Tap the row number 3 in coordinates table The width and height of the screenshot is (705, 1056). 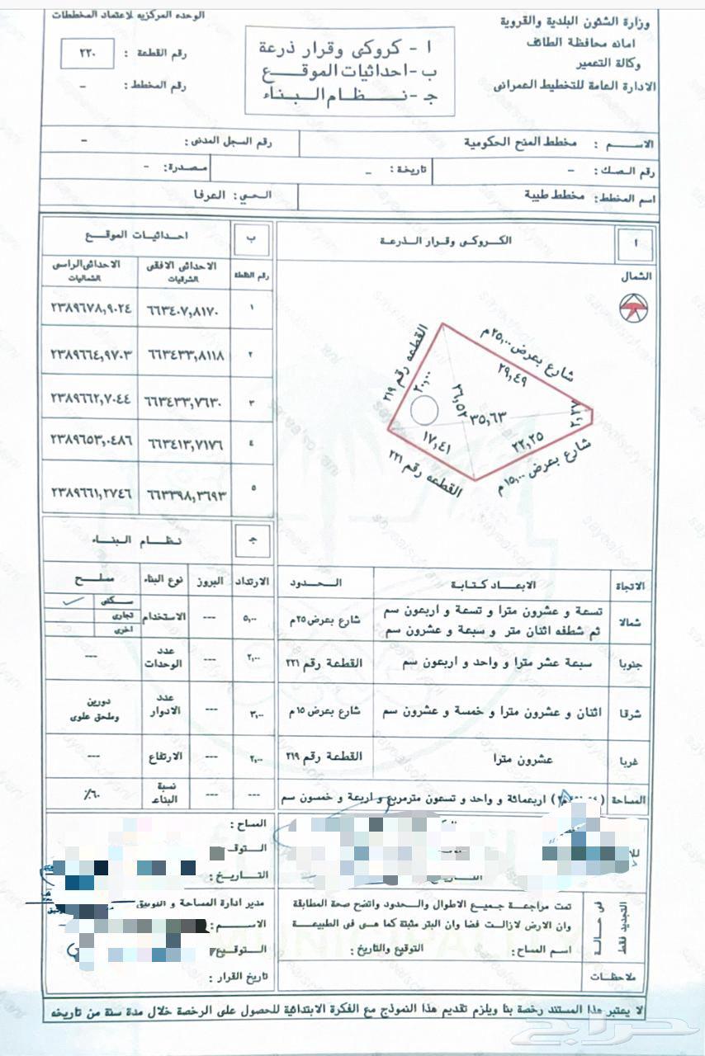pos(253,402)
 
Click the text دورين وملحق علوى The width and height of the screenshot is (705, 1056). pos(92,711)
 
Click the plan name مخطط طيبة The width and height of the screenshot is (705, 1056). pos(556,197)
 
